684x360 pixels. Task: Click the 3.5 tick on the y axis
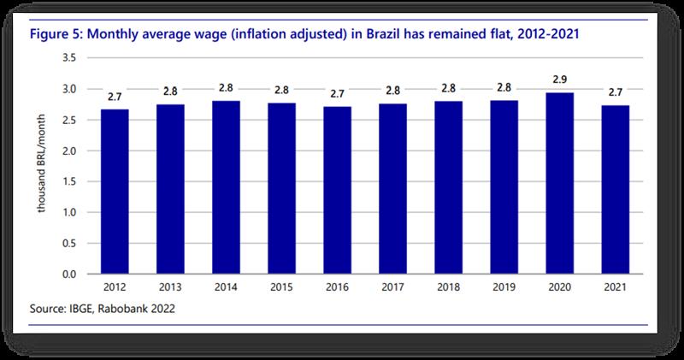click(70, 58)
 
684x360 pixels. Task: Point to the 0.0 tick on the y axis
click(70, 274)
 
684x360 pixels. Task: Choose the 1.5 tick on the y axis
click(70, 181)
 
